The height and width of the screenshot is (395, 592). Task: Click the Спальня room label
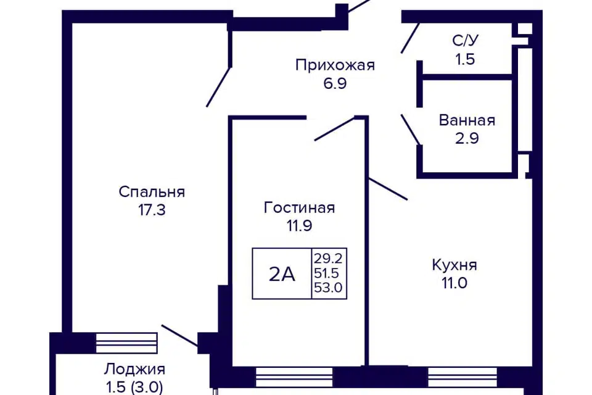coord(152,192)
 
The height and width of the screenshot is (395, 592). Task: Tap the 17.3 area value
coord(152,210)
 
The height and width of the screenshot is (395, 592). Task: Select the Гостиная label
coord(300,207)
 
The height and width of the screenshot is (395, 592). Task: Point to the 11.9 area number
coord(300,226)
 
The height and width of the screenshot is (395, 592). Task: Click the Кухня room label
coord(454,265)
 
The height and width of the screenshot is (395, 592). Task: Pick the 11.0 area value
coord(454,283)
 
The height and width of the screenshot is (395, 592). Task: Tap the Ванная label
coord(467,120)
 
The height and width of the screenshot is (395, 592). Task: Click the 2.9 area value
coord(467,138)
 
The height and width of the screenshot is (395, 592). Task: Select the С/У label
coord(465,41)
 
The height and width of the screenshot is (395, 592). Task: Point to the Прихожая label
coord(335,65)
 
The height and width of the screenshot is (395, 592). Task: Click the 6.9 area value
coord(335,83)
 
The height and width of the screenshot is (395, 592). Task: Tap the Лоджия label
coord(135,369)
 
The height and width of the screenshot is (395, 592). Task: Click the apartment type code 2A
coord(282,274)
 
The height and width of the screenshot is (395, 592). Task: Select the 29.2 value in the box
coord(328,259)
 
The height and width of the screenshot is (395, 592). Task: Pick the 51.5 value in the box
coord(327,273)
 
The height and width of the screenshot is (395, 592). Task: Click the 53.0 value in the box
coord(328,288)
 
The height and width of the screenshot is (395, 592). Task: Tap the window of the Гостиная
coord(294,377)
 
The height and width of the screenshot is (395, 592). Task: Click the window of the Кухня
coord(462,377)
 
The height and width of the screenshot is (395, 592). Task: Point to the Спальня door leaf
coord(218,87)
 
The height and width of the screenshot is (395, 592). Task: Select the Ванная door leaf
coord(411,130)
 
